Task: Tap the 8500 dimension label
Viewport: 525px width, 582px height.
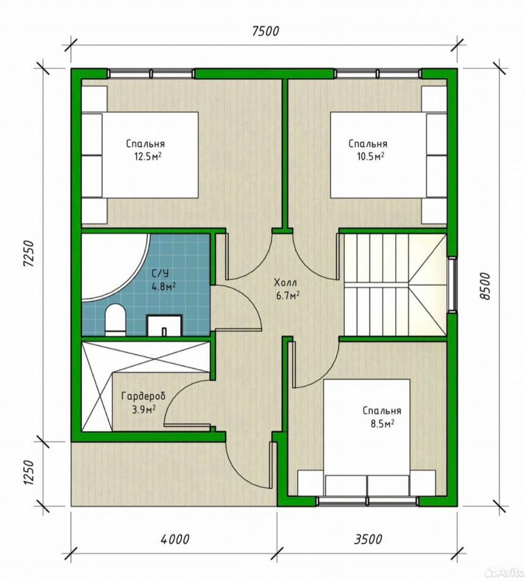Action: pyautogui.click(x=485, y=286)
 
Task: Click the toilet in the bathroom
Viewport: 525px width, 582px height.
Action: pyautogui.click(x=115, y=320)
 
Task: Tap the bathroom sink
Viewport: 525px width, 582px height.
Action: pyautogui.click(x=165, y=325)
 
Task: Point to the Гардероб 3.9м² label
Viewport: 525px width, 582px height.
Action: pyautogui.click(x=143, y=403)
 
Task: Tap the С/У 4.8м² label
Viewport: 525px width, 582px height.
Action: pyautogui.click(x=164, y=280)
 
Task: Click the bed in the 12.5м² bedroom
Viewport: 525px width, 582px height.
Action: pyautogui.click(x=140, y=155)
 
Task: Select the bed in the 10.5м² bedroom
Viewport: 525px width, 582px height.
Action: pyautogui.click(x=389, y=155)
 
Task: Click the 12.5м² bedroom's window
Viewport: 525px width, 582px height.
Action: pyautogui.click(x=151, y=74)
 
